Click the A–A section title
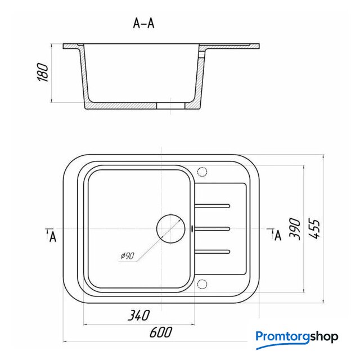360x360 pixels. pyautogui.click(x=144, y=23)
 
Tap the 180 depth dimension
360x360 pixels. pyautogui.click(x=43, y=73)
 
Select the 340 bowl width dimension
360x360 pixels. pyautogui.click(x=139, y=315)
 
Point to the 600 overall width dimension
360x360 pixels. pyautogui.click(x=161, y=332)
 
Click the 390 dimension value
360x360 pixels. pyautogui.click(x=295, y=229)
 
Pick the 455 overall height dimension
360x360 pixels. pyautogui.click(x=314, y=229)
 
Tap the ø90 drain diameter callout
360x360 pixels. pyautogui.click(x=128, y=256)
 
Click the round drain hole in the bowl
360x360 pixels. pyautogui.click(x=170, y=229)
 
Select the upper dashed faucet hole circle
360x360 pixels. pyautogui.click(x=202, y=172)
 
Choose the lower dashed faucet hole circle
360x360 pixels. pyautogui.click(x=202, y=284)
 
